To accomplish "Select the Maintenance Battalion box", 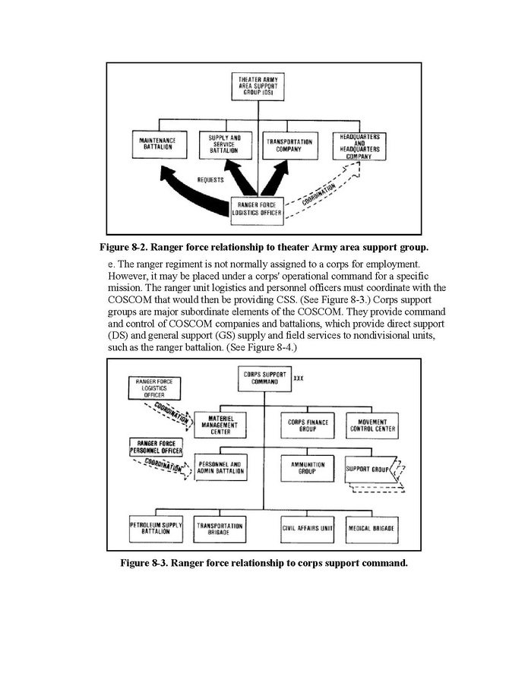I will tap(157, 144).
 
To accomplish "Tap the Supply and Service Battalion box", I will tap(225, 144).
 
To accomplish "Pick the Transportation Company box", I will tap(289, 145).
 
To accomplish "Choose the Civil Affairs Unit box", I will tap(306, 528).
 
